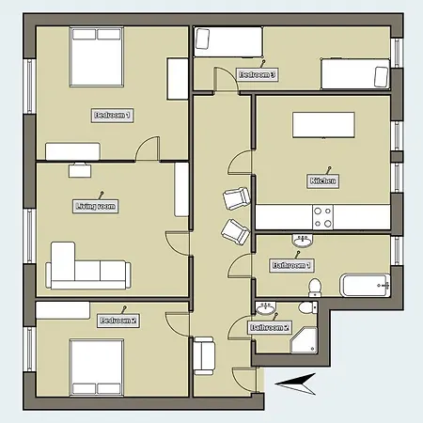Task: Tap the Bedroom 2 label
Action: pyautogui.click(x=118, y=321)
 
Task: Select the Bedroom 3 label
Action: pyautogui.click(x=257, y=74)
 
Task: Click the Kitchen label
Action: pyautogui.click(x=322, y=180)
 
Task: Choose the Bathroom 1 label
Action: pyautogui.click(x=290, y=266)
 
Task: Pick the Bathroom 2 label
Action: pyautogui.click(x=270, y=327)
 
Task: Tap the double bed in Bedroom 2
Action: pyautogui.click(x=95, y=365)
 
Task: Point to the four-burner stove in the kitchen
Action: pyautogui.click(x=322, y=218)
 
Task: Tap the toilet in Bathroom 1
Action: pyautogui.click(x=317, y=286)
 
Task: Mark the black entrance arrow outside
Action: pyautogui.click(x=293, y=382)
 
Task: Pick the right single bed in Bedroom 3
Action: pyautogui.click(x=353, y=72)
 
